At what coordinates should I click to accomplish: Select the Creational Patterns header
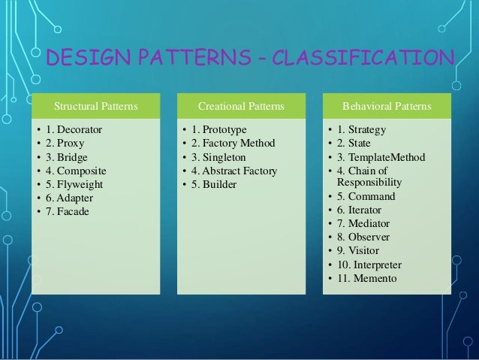[240, 106]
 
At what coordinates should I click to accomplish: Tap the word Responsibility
[369, 182]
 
